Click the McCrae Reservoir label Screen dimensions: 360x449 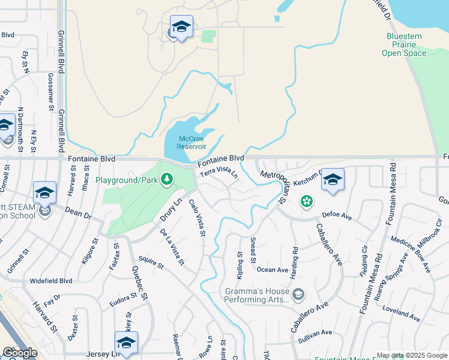pos(192,142)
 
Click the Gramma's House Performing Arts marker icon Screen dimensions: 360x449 pos(298,294)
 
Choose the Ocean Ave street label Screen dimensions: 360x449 pos(273,269)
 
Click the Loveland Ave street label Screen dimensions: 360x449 pos(400,313)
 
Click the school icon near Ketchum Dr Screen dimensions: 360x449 pos(333,179)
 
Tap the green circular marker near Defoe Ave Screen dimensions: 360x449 pos(307,202)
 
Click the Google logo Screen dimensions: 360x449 pos(20,353)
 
